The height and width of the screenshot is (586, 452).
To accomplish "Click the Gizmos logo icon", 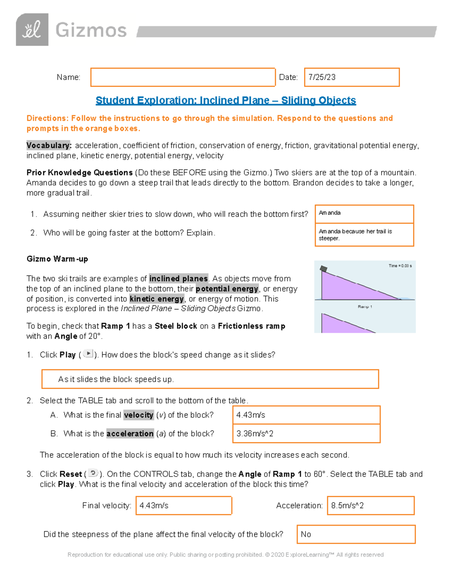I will pos(32,30).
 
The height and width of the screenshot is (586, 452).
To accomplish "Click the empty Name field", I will pos(183,77).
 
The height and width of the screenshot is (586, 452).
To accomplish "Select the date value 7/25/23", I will pos(322,77).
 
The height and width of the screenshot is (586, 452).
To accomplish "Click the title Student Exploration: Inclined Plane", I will pos(226,100).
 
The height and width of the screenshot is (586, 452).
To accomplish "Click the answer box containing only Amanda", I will pos(364,214).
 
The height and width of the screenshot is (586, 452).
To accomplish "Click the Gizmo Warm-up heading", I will pos(57,259).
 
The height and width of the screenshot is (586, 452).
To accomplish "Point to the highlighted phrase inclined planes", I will pos(179,279).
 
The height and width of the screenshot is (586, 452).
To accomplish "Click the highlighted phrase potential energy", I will pos(227,289).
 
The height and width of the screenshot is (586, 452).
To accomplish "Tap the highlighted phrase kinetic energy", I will pos(157,299).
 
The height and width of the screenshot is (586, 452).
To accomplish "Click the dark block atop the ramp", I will pos(324,269).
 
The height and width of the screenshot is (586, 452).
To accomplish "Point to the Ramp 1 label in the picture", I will pos(365,307).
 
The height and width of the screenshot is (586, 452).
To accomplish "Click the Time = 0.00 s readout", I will pos(400,266).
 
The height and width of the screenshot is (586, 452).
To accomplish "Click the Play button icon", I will pos(88,354).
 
